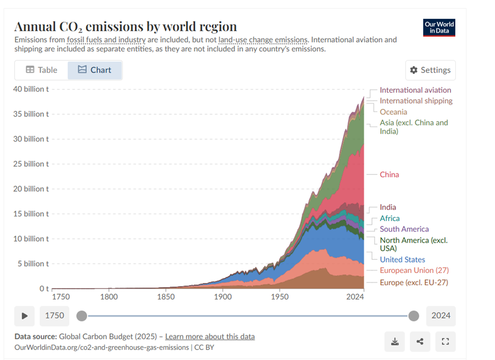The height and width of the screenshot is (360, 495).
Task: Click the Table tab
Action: click(41, 70)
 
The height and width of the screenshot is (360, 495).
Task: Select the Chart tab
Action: click(95, 70)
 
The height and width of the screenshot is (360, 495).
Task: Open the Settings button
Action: click(430, 70)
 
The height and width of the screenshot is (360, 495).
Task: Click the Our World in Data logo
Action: click(439, 28)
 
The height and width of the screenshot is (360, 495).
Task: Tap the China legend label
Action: click(389, 174)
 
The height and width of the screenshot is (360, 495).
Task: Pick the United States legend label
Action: click(402, 259)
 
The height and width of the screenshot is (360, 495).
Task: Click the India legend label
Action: click(388, 208)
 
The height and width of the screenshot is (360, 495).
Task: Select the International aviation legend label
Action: click(415, 90)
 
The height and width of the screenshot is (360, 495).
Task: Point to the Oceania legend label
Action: click(393, 112)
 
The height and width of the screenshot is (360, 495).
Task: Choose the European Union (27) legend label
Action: click(414, 270)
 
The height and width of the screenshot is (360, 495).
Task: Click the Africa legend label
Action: click(389, 219)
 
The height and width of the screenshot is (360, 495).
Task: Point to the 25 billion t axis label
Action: click(31, 164)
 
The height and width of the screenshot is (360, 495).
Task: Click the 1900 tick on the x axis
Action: click(223, 297)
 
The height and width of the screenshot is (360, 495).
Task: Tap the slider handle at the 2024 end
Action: click(413, 316)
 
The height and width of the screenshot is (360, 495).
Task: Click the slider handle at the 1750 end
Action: click(82, 316)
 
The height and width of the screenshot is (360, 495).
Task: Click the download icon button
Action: click(394, 342)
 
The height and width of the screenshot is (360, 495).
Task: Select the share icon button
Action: click(420, 342)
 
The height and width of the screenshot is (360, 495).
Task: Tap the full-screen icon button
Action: click(445, 342)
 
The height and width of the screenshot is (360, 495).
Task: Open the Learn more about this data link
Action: click(210, 336)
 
